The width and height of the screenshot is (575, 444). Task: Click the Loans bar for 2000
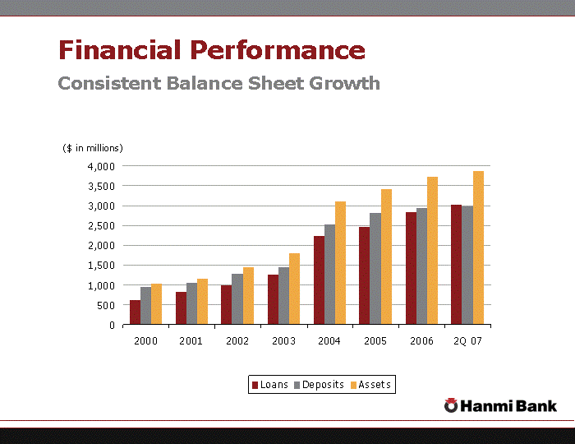[135, 312]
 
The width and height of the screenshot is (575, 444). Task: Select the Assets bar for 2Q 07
[478, 247]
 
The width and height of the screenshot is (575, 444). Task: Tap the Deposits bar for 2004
[329, 275]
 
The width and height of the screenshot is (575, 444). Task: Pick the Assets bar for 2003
[294, 289]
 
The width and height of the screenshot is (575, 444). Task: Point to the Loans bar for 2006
[410, 268]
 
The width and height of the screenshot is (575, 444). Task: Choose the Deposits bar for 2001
[191, 303]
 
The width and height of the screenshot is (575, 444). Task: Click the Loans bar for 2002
[226, 304]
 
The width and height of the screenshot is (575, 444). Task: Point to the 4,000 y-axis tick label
[103, 166]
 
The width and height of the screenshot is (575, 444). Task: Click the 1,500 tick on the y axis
[103, 265]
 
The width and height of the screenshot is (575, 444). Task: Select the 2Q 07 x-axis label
[467, 340]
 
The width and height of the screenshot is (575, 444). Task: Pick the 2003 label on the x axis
[283, 340]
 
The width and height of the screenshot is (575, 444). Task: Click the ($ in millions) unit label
[93, 148]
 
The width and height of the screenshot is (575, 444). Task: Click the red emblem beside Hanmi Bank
[451, 405]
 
